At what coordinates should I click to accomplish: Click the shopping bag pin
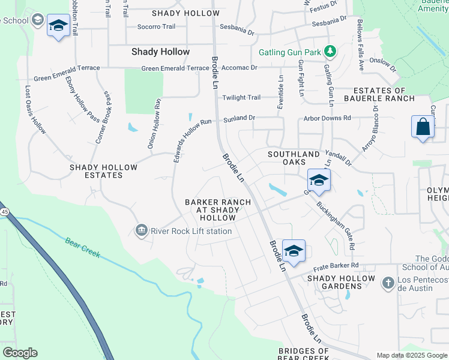(x=423, y=127)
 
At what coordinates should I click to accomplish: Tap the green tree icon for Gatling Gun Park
(x=330, y=52)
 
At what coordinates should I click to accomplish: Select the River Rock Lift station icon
(x=142, y=230)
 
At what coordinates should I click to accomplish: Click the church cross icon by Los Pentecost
(x=388, y=281)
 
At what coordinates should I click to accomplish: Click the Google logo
(x=20, y=353)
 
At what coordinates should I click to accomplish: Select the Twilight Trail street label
(x=241, y=98)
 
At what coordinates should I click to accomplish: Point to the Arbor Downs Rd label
(x=327, y=119)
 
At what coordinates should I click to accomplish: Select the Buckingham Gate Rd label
(x=336, y=223)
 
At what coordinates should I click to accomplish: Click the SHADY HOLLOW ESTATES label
(x=96, y=171)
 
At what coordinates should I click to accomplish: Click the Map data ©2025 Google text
(x=412, y=355)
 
